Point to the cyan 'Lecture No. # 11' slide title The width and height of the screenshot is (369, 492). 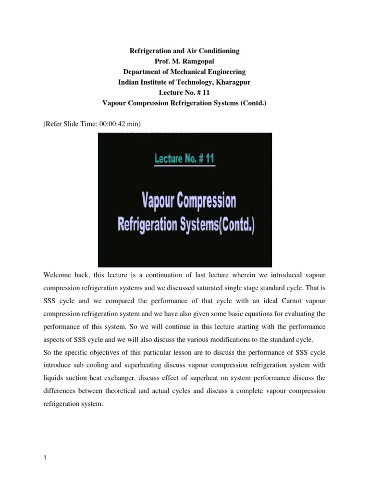click(184, 159)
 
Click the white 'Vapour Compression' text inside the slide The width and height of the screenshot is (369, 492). click(188, 201)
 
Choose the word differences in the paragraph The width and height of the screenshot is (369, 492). click(61, 391)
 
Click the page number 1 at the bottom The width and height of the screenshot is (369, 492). click(45, 458)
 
